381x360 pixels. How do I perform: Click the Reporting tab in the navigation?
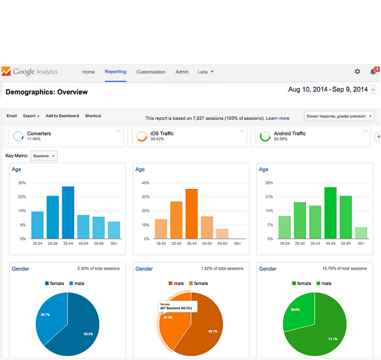click(115, 72)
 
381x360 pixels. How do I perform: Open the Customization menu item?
click(151, 72)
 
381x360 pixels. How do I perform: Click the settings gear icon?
click(357, 72)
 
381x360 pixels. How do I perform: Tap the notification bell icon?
click(373, 72)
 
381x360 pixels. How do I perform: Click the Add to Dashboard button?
click(62, 116)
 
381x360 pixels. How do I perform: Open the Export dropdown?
click(31, 116)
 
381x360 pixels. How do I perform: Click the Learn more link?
click(277, 118)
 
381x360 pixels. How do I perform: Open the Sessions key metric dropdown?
click(44, 156)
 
